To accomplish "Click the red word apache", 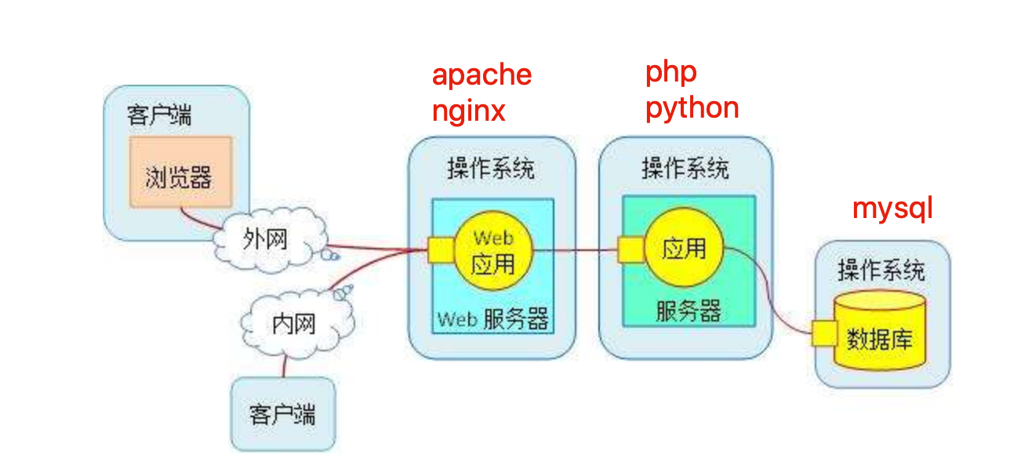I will [x=481, y=75].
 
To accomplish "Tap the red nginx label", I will [x=468, y=112].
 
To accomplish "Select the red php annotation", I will [x=671, y=73].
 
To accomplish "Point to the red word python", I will [x=692, y=107].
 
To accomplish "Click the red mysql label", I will [x=892, y=209].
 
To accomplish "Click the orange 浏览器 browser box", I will [x=180, y=173].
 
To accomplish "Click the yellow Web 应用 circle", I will [x=492, y=251].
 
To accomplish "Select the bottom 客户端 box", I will [x=282, y=413].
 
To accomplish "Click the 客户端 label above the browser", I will [x=159, y=116].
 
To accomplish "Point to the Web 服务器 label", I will [x=492, y=319].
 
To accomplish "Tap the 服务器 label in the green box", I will [x=688, y=312].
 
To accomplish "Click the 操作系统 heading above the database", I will [x=881, y=271].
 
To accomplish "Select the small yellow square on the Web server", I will [x=440, y=251].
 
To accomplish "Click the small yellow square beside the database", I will [x=823, y=333].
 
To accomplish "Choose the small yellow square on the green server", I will [x=630, y=250].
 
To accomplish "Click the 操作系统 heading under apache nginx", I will [x=491, y=169].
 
